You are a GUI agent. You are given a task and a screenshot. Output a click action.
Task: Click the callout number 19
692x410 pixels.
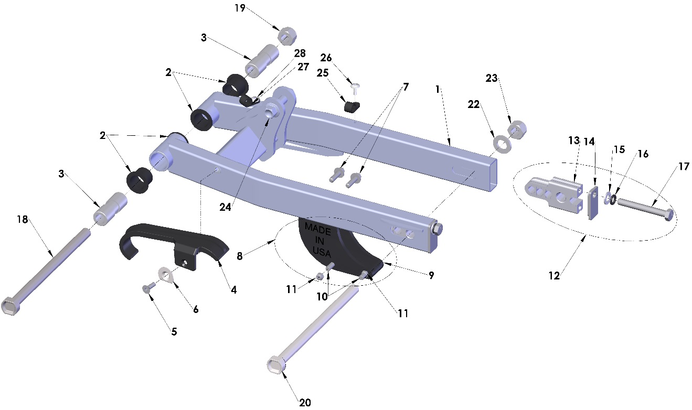click(240, 8)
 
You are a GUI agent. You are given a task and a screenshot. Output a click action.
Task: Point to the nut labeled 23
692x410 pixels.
click(517, 128)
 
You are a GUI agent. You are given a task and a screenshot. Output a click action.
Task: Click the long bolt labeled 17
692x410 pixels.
click(643, 208)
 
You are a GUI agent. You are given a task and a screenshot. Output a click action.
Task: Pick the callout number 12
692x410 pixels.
click(555, 276)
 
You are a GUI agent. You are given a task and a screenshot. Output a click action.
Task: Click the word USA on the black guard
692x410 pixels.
click(322, 252)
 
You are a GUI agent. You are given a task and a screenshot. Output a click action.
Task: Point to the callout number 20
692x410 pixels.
click(305, 403)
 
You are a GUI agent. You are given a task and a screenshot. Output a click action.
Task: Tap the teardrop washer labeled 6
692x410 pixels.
click(166, 275)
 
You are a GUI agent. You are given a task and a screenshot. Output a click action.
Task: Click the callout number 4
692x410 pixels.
click(233, 289)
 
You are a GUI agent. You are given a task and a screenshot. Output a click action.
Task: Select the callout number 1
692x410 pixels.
click(438, 89)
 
